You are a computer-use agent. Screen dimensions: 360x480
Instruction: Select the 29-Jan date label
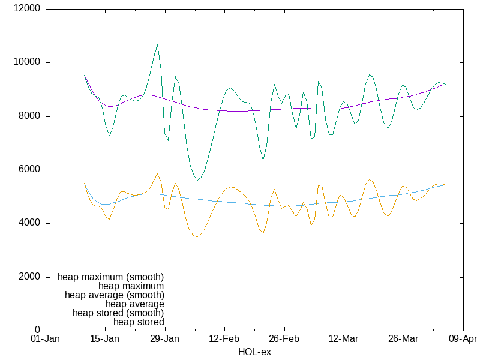coord(164,340)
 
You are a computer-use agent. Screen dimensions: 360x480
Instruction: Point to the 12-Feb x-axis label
coord(224,340)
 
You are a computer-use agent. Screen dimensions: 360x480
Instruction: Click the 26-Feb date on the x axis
coord(284,340)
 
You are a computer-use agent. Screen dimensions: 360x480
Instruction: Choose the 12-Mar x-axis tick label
coord(343,340)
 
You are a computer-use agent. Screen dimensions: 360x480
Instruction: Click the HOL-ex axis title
coord(254,352)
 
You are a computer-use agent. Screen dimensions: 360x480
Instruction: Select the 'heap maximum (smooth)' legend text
coord(110,277)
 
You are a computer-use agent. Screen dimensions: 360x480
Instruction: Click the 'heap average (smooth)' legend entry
coord(114,295)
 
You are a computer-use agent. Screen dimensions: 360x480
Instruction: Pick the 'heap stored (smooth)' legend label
coord(118,313)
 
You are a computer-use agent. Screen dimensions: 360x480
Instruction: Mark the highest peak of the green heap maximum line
coord(157,44)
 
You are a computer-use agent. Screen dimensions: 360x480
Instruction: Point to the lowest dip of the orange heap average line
coord(196,237)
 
